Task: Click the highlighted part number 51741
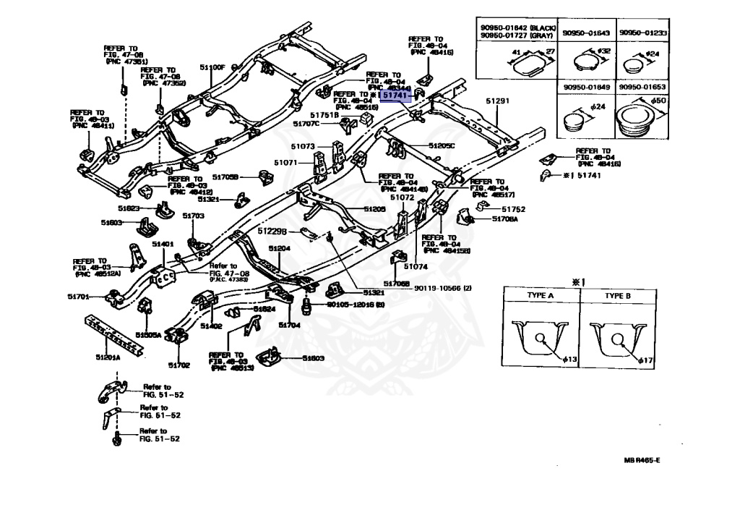(x=395, y=95)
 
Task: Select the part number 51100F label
(x=213, y=67)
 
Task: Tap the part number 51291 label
(x=497, y=101)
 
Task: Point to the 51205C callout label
(x=442, y=145)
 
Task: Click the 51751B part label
(x=324, y=115)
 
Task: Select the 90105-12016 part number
(x=356, y=306)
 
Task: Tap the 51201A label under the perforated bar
(x=108, y=357)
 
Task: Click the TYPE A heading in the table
(x=539, y=296)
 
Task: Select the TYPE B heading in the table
(x=618, y=296)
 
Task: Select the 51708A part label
(x=505, y=218)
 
